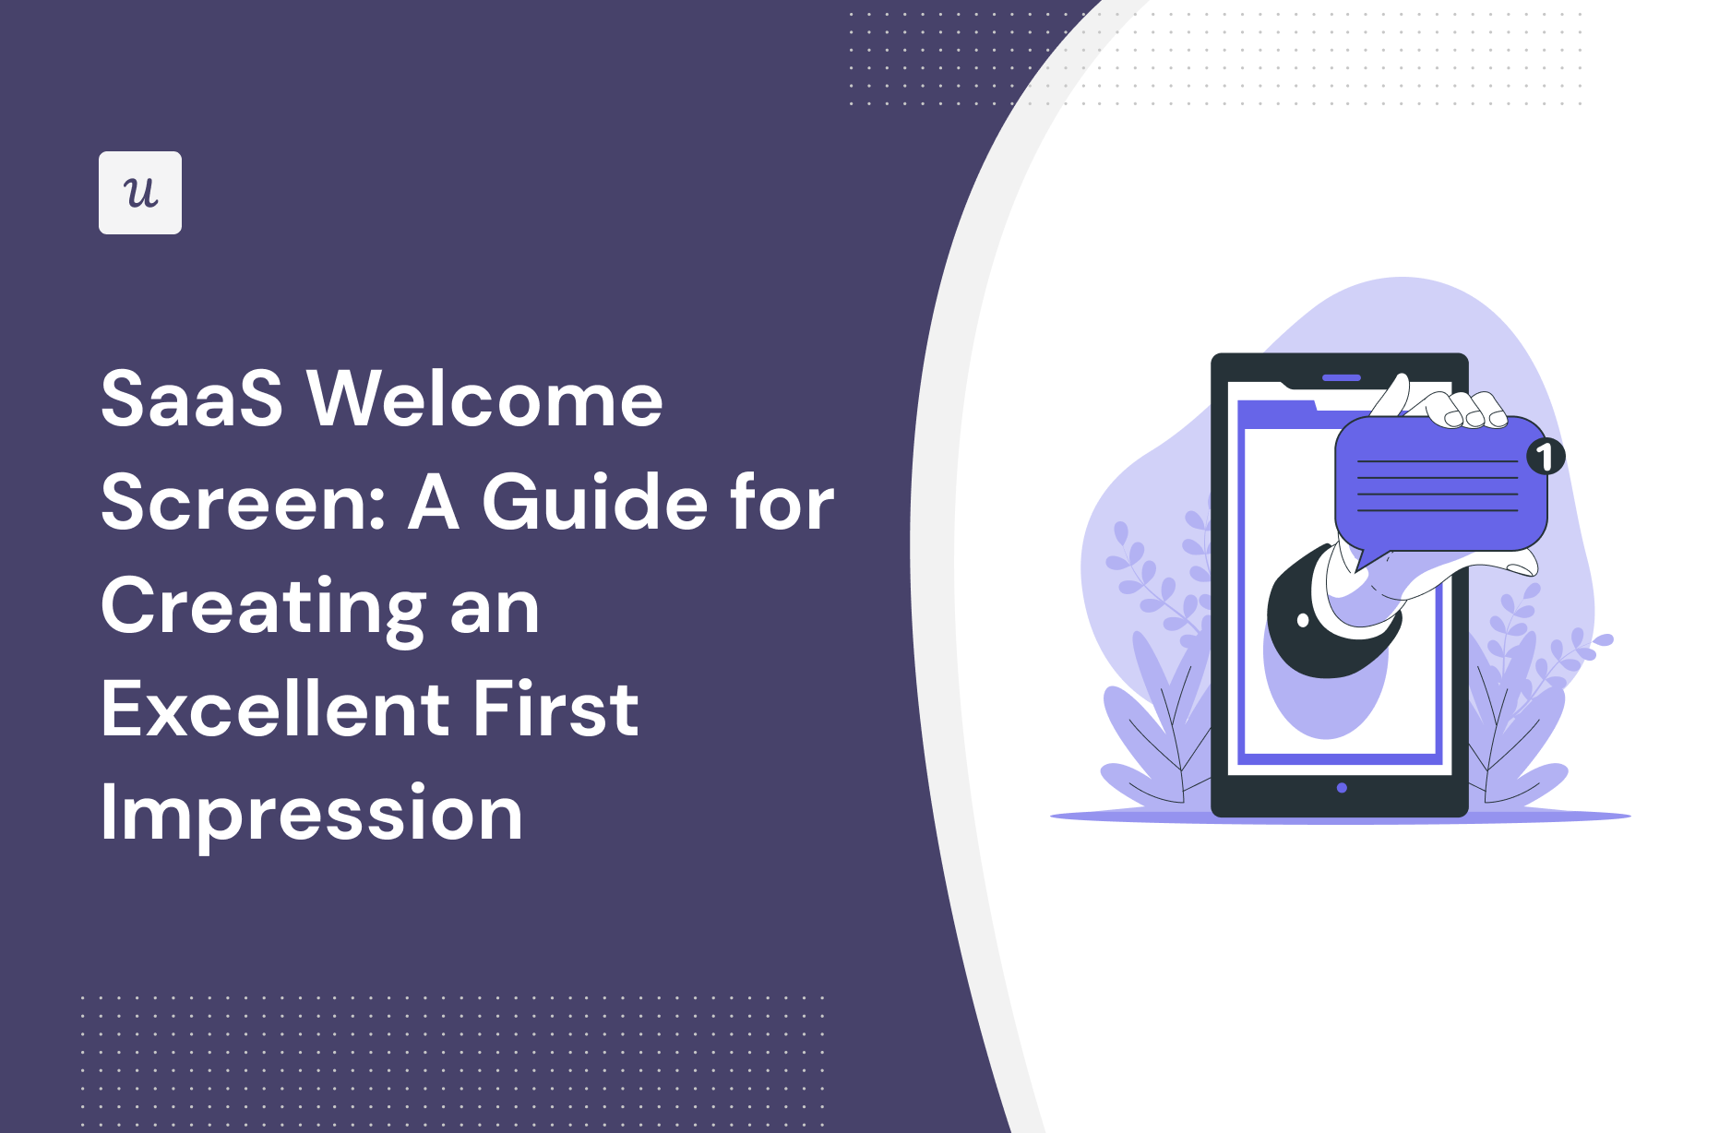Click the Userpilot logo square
(x=140, y=193)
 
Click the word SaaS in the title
(x=192, y=400)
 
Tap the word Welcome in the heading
(x=485, y=400)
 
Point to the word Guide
(x=593, y=503)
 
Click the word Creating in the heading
(x=263, y=609)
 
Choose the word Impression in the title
(x=312, y=814)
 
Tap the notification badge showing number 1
(x=1546, y=456)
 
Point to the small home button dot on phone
(x=1342, y=788)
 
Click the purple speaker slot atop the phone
(x=1342, y=377)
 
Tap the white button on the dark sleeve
(x=1303, y=620)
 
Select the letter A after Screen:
(x=434, y=503)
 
